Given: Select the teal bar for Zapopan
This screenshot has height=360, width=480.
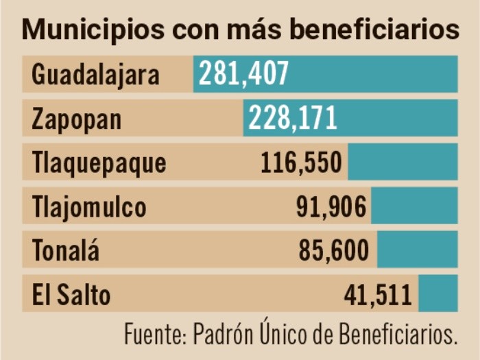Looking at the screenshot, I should click(x=398, y=118).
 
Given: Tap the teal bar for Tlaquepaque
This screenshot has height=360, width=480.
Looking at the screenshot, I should click(x=403, y=162).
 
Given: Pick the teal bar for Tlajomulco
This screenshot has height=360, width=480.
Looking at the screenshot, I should click(x=414, y=206).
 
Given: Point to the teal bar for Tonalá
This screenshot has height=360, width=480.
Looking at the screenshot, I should click(x=417, y=250).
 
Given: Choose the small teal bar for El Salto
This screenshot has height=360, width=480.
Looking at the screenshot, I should click(x=437, y=293).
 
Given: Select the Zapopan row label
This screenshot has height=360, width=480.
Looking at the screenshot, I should click(x=76, y=119).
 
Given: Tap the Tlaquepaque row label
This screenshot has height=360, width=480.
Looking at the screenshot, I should click(x=99, y=163).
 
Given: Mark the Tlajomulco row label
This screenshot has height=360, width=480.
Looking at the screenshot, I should click(x=89, y=206).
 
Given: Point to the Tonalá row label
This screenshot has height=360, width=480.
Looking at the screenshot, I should click(x=65, y=251).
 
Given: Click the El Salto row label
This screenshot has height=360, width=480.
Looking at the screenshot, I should click(x=71, y=295).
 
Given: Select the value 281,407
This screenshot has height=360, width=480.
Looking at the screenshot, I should click(x=244, y=74).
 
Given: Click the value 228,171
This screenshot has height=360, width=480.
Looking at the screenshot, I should click(x=293, y=118).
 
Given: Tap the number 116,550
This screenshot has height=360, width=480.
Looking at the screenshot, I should click(x=301, y=163).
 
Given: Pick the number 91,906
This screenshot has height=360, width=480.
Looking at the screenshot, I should click(x=331, y=206).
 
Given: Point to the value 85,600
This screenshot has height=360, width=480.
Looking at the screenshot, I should click(x=334, y=250).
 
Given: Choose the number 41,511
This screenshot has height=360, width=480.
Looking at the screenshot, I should click(x=378, y=294).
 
